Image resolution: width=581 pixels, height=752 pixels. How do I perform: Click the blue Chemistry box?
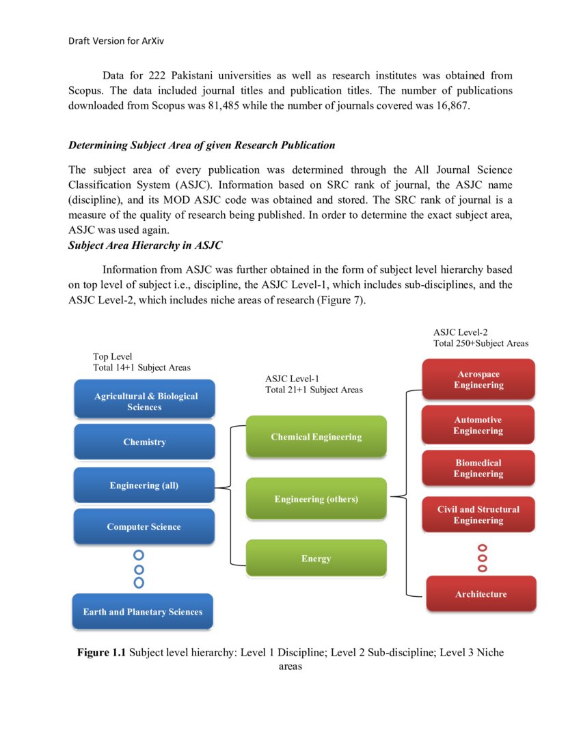click(x=144, y=442)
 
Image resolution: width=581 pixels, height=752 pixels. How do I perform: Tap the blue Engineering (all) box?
click(x=144, y=485)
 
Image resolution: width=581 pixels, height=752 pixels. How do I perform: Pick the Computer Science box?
click(x=144, y=526)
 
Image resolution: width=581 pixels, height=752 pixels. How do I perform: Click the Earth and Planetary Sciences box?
click(x=143, y=611)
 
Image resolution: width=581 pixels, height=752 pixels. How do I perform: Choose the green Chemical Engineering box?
click(x=316, y=436)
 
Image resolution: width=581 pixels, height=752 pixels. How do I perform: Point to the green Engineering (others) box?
click(x=316, y=498)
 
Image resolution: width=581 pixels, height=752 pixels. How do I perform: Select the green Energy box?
click(x=316, y=558)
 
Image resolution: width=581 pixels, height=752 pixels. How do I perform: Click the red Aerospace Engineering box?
click(x=478, y=379)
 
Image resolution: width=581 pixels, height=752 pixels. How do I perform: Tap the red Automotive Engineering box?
click(x=478, y=425)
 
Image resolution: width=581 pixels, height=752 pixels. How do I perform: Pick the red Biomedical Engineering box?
click(x=478, y=468)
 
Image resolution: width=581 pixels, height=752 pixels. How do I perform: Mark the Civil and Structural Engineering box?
click(x=478, y=514)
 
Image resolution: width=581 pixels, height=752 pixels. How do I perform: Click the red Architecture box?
click(x=481, y=593)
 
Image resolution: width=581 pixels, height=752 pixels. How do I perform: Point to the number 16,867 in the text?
click(x=450, y=106)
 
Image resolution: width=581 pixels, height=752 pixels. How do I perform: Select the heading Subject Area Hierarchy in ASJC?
click(x=145, y=245)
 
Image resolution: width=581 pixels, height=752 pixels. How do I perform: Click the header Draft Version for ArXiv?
click(x=116, y=41)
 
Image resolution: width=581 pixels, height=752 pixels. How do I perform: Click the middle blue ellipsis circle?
click(x=139, y=569)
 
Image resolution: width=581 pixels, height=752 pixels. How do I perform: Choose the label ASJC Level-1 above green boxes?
click(x=292, y=378)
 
